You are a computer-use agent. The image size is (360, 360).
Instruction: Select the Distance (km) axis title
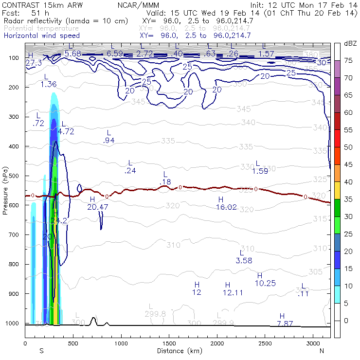pyautogui.click(x=177, y=351)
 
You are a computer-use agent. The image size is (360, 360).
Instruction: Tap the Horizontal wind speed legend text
pyautogui.click(x=41, y=36)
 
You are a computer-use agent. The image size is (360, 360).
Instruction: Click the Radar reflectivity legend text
pyautogui.click(x=66, y=21)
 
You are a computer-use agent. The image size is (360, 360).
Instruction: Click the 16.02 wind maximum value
pyautogui.click(x=226, y=207)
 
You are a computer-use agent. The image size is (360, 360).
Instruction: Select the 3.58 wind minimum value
pyautogui.click(x=244, y=261)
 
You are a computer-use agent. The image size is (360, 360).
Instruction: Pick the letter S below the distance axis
pyautogui.click(x=41, y=351)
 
